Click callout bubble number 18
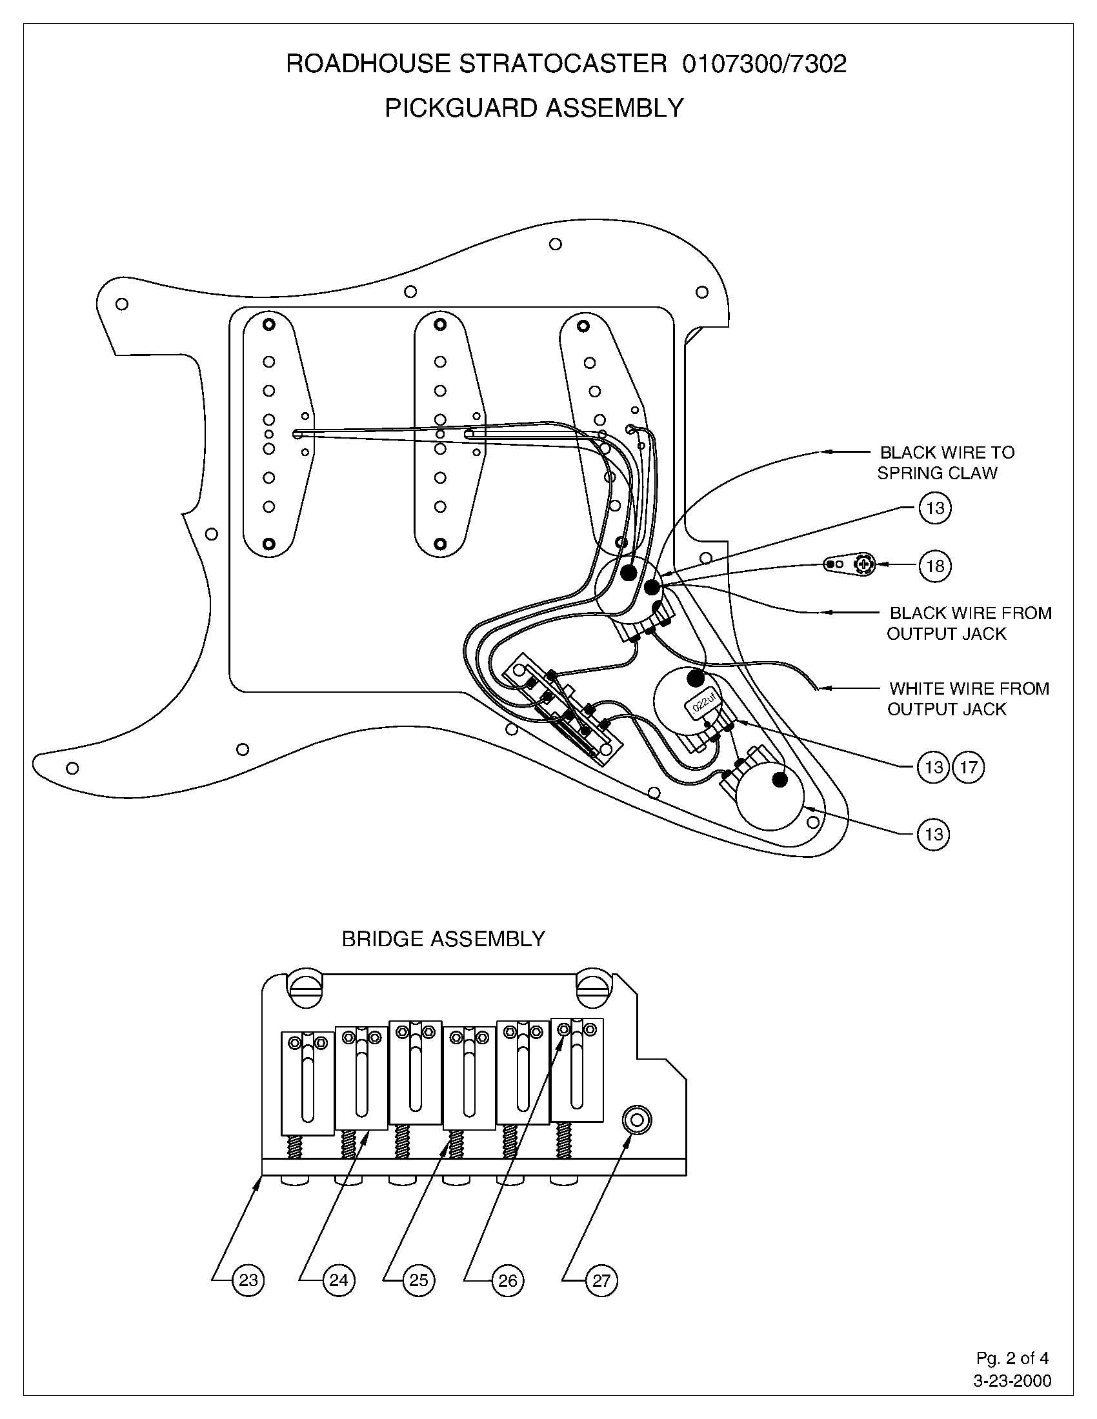coord(934,565)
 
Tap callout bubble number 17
coord(968,768)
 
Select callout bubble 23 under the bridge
coord(248,1280)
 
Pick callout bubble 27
coord(601,1280)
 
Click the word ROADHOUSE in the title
coord(368,64)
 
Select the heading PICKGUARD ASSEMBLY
coord(534,108)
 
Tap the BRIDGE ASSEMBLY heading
coord(443,939)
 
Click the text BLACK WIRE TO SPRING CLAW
coord(942,462)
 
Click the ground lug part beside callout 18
coord(849,564)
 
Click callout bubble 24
coord(339,1280)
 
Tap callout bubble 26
coord(507,1280)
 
